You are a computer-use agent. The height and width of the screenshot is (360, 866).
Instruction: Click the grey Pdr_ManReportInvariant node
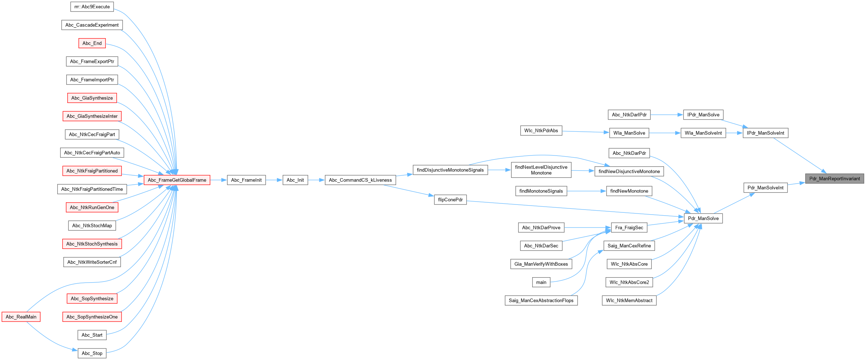(x=834, y=179)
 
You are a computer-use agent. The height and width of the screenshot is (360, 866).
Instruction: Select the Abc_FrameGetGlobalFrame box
(x=177, y=180)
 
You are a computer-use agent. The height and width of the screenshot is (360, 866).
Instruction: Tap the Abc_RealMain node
(x=21, y=317)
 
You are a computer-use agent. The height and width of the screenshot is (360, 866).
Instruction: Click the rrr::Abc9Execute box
(x=92, y=7)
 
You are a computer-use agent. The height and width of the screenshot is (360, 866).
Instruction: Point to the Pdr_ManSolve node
(x=703, y=219)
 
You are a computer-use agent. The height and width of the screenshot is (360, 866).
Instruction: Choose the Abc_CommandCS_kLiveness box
(x=360, y=180)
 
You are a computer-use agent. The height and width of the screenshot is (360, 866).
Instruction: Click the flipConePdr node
(x=450, y=200)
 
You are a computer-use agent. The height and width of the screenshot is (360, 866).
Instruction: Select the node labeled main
(x=541, y=282)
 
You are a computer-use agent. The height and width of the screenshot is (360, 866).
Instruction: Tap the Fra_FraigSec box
(x=629, y=228)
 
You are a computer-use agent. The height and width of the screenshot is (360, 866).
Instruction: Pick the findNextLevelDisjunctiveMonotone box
(x=541, y=170)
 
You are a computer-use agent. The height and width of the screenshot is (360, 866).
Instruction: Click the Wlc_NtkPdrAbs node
(x=541, y=131)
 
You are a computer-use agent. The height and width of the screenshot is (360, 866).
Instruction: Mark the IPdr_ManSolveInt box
(x=765, y=133)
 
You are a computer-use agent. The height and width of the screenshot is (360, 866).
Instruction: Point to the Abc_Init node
(x=295, y=180)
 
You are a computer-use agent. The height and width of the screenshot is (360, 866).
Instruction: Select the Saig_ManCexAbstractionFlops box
(x=541, y=301)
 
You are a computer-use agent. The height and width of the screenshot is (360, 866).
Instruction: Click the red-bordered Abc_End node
(x=92, y=43)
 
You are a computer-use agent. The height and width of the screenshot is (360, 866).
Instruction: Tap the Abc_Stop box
(x=92, y=353)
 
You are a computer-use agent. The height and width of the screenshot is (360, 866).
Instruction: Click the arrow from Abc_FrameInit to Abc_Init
(x=274, y=180)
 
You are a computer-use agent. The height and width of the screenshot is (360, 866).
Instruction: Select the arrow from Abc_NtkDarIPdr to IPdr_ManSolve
(x=667, y=115)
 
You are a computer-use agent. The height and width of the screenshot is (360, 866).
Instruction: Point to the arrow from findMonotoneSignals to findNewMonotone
(x=587, y=191)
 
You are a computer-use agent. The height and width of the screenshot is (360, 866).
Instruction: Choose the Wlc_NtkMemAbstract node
(x=629, y=301)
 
